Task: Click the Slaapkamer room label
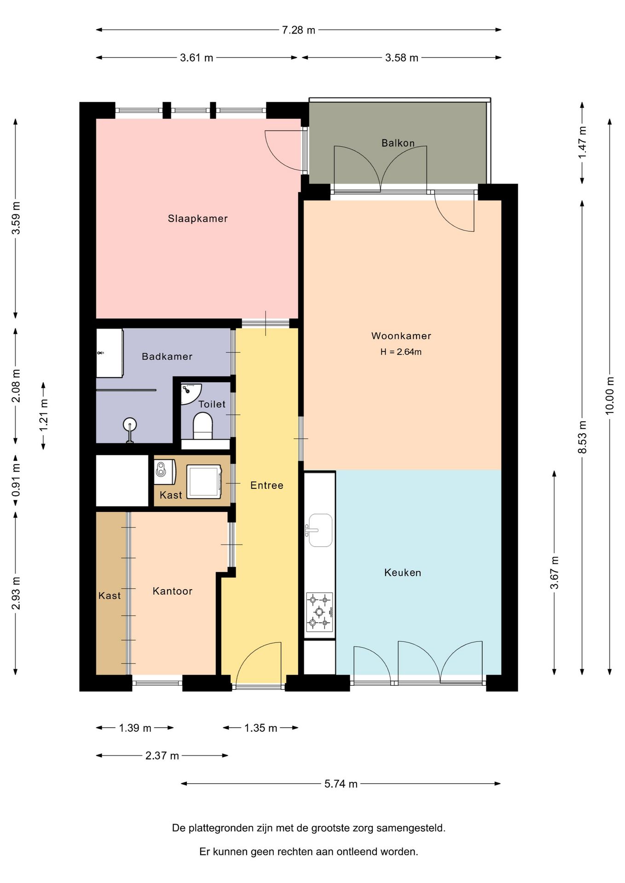point(197,218)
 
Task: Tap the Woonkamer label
point(401,336)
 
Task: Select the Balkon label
point(398,143)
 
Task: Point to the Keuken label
point(403,573)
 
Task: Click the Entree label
point(267,485)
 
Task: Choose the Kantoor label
point(173,591)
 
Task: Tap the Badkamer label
point(167,356)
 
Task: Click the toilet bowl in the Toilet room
point(203,425)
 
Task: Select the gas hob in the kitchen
point(319,612)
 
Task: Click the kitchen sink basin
point(320,530)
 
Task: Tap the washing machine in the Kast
point(204,481)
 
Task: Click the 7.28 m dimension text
point(299,30)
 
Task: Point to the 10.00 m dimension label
point(610,396)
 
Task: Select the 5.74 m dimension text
point(341,784)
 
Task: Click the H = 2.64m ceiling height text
point(401,352)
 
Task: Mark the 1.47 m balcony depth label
point(582,143)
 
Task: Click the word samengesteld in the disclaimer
point(411,828)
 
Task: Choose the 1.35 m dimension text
point(260,728)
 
